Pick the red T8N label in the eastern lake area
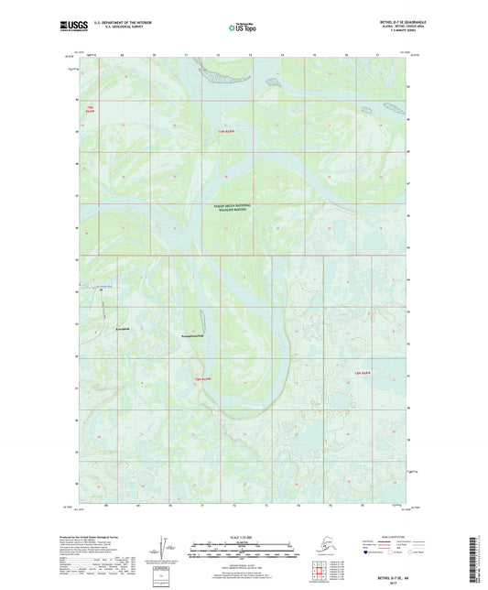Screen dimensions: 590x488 click(x=363, y=373)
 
